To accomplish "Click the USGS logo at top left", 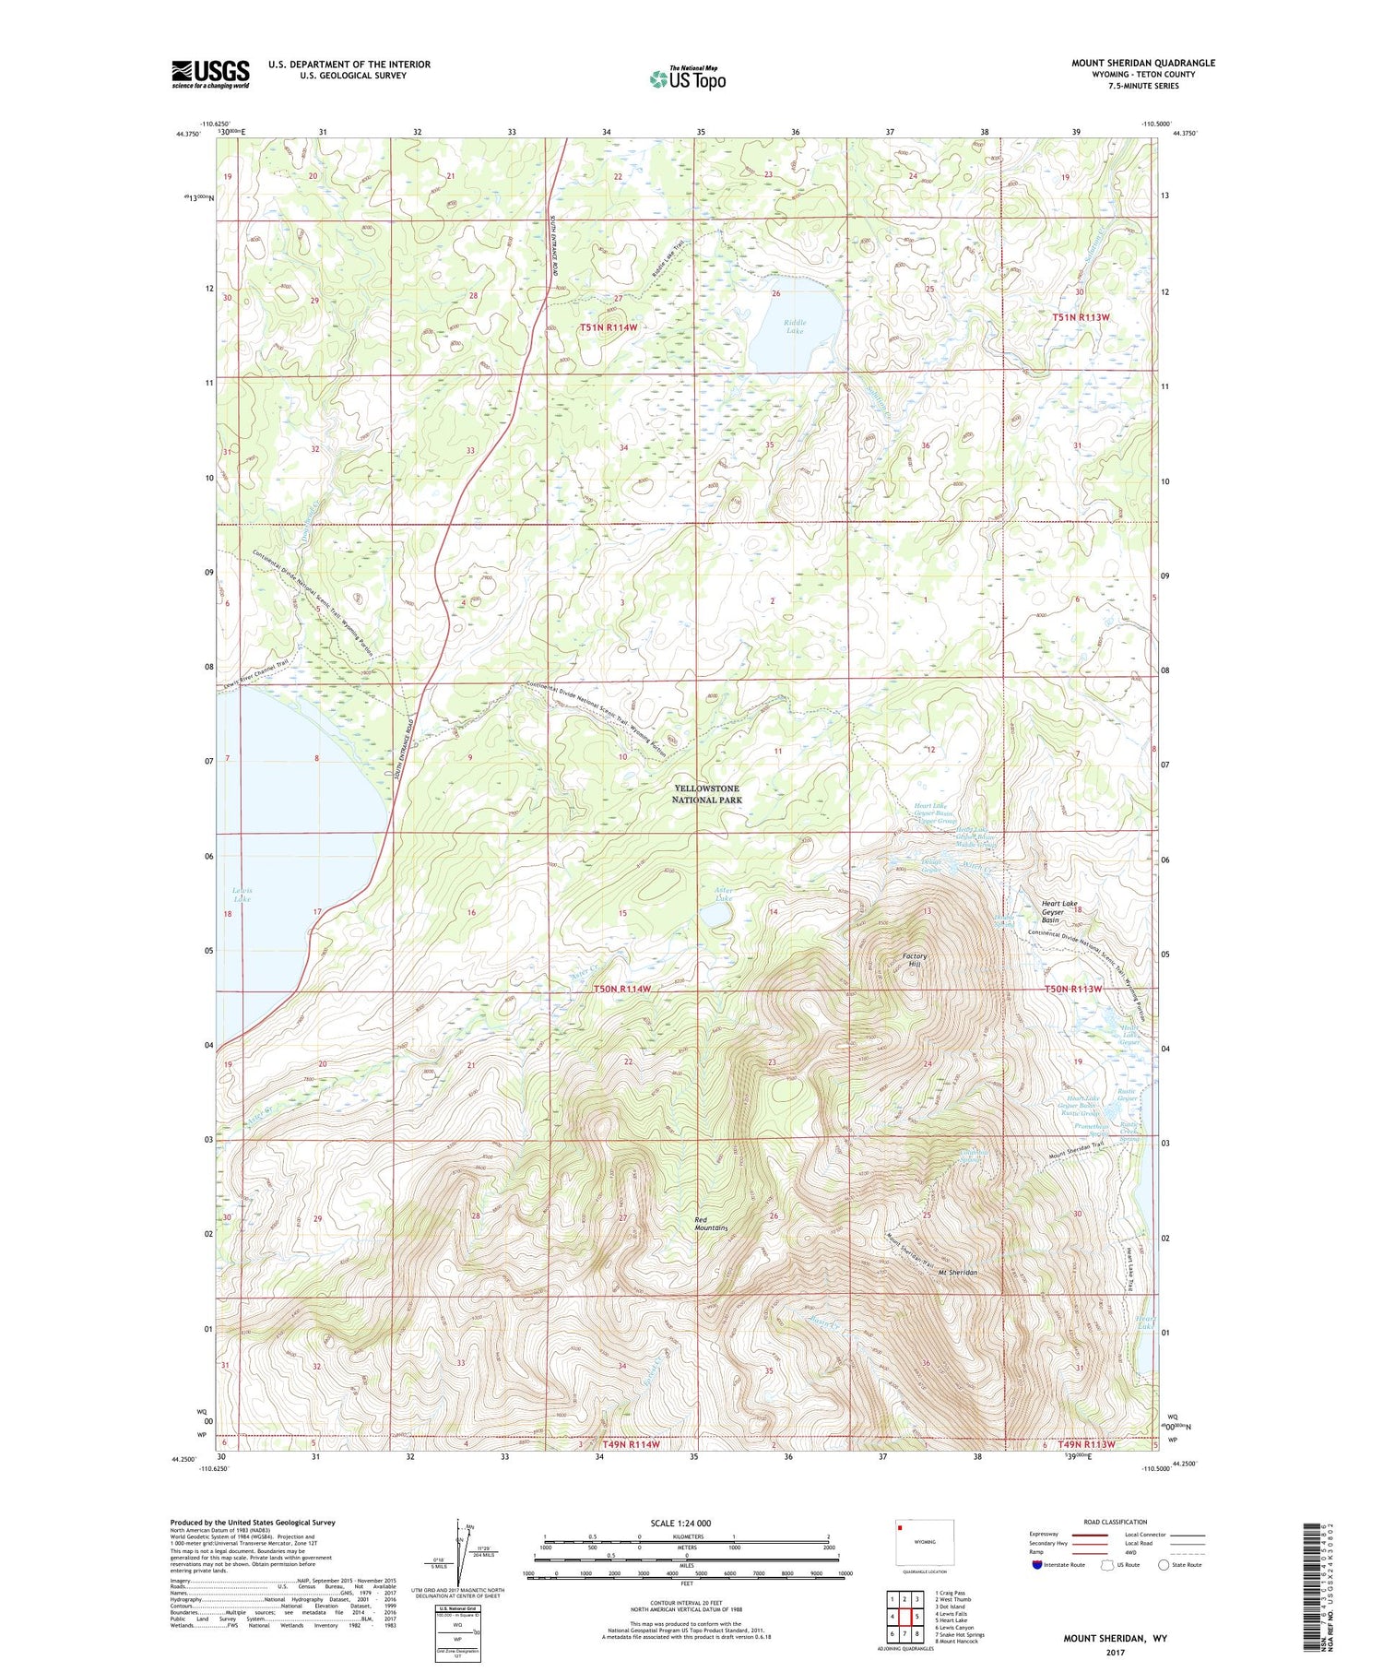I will coord(210,74).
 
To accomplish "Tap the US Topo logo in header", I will coord(687,79).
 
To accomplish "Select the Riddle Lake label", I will coord(795,326).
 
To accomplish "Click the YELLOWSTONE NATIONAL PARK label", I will coord(707,794).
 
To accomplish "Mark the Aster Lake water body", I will coord(715,916).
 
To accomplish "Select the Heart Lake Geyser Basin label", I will coord(1059,912).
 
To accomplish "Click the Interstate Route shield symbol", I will coord(1037,1565).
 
